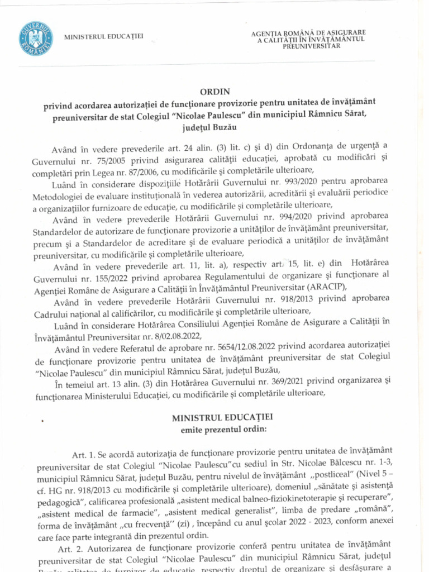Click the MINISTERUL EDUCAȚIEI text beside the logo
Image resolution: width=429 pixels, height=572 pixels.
point(104,37)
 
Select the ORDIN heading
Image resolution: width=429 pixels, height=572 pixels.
point(214,92)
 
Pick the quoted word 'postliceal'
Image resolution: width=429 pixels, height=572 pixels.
point(298,479)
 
